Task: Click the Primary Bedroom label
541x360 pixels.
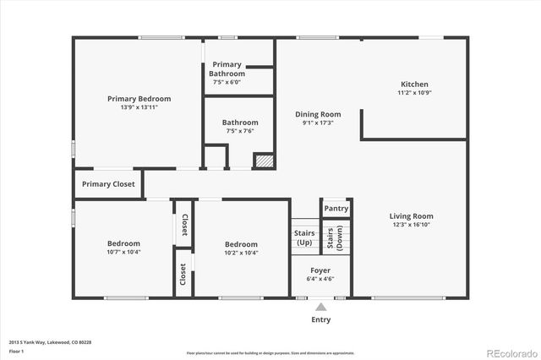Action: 139,99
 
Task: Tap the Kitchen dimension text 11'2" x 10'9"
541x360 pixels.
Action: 414,93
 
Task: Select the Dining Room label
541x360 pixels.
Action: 318,114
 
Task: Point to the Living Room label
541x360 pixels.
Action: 411,216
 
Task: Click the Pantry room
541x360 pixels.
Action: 336,209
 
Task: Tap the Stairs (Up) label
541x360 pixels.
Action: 304,237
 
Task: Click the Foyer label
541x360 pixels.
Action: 320,270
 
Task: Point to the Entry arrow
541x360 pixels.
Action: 320,307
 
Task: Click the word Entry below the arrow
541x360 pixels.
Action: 320,319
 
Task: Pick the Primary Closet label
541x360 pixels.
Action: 108,184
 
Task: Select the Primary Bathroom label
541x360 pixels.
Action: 227,69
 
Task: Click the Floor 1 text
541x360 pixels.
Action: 16,350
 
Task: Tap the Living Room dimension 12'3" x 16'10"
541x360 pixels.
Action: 411,226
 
